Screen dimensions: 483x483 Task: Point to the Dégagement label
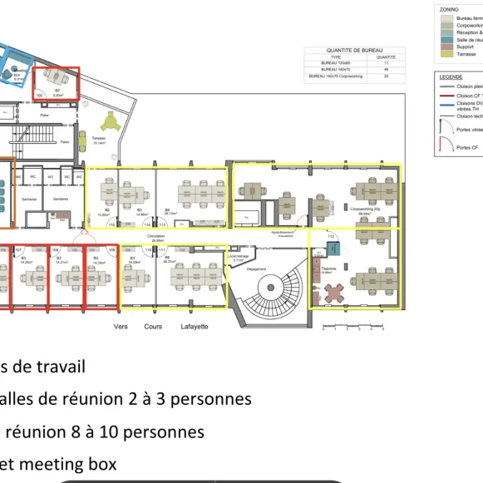coord(256,269)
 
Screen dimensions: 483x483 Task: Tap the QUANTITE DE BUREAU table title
coord(354,50)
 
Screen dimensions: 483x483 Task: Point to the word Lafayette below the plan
coord(195,327)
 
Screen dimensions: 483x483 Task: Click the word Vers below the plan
coord(121,327)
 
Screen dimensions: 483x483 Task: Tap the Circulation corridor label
coord(156,237)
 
